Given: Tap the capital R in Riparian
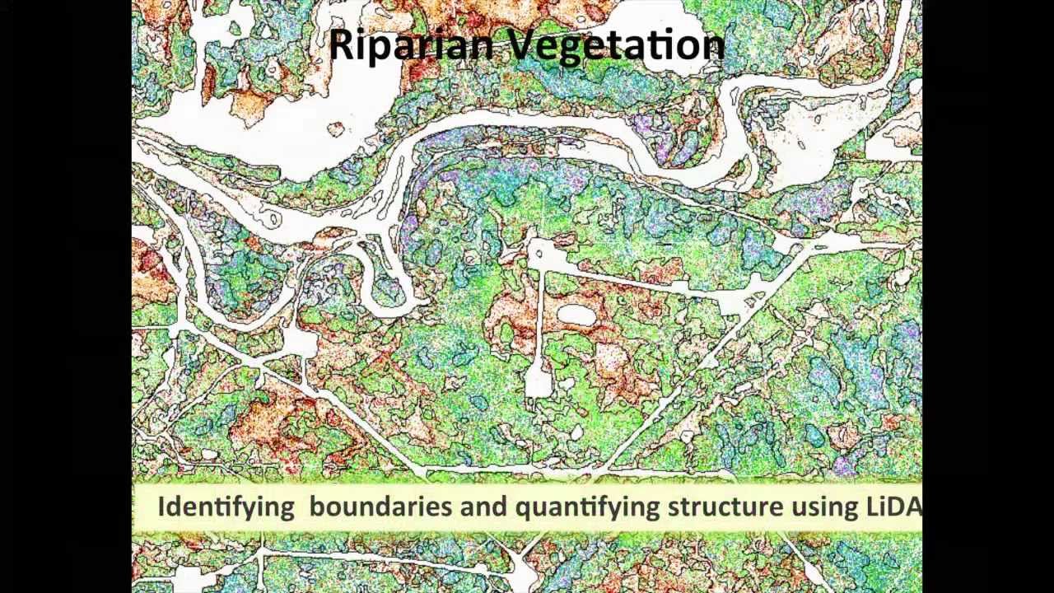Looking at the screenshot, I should pyautogui.click(x=340, y=44).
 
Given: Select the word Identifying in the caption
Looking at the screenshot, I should pyautogui.click(x=226, y=507).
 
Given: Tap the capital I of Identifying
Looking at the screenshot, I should pyautogui.click(x=161, y=506).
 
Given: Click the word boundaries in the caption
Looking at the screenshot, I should pyautogui.click(x=380, y=506).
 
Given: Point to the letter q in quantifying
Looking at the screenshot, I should pyautogui.click(x=523, y=508).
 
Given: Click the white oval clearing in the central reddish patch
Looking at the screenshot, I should pyautogui.click(x=576, y=315).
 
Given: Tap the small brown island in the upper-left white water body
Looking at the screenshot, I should pyautogui.click(x=335, y=128).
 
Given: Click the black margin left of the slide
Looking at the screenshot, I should pyautogui.click(x=66, y=296).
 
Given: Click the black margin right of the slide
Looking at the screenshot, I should pyautogui.click(x=988, y=296).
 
